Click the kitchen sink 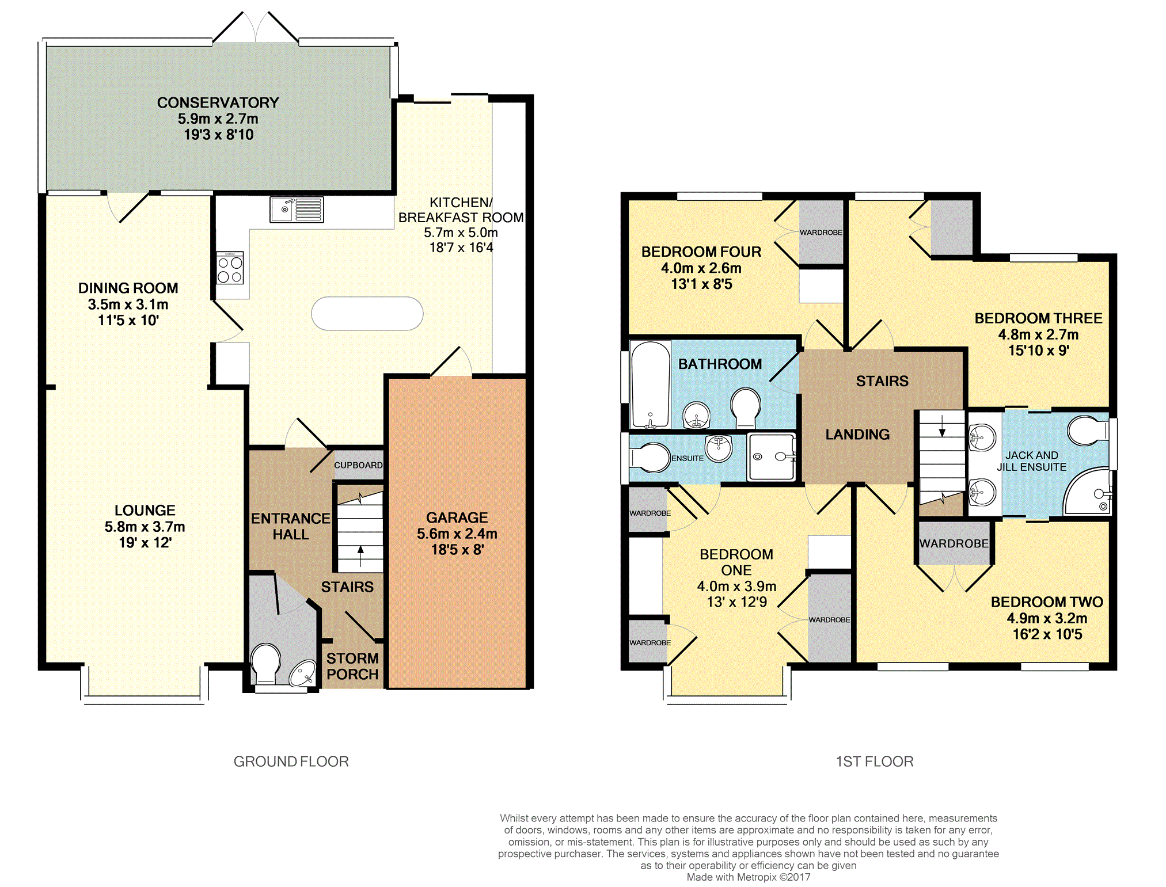coord(297,210)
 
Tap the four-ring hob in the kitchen coord(230,268)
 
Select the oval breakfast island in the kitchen coord(367,314)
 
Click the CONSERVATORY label coord(218,102)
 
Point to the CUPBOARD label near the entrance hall coord(358,465)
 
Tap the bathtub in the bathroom coord(651,385)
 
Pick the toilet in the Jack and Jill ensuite coord(1088,431)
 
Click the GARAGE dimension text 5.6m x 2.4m coord(457,534)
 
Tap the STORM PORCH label coord(352,666)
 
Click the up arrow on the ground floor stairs coord(360,557)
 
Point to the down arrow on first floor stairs coord(942,426)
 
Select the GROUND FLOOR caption coord(291,762)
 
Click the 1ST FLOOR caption coord(874,762)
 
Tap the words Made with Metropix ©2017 coord(748,877)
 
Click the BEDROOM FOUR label coord(701,252)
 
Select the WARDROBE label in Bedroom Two coord(954,543)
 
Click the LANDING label coord(857,435)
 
